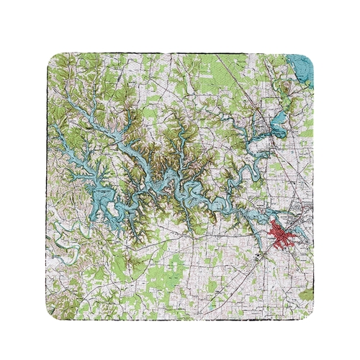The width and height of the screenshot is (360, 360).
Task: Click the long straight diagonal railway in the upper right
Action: click(245, 79)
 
